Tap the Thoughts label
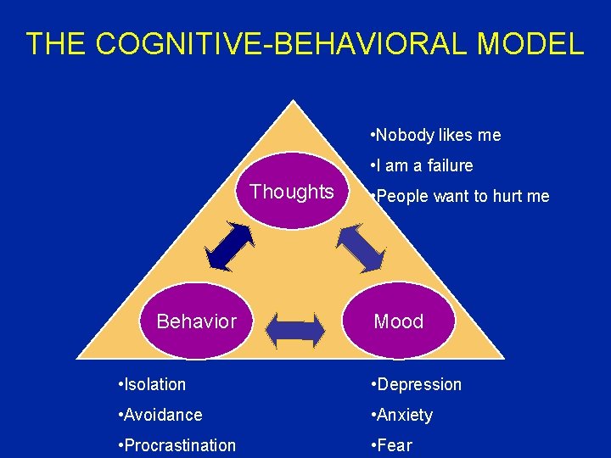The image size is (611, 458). click(x=292, y=192)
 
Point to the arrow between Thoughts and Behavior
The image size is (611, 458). click(x=231, y=246)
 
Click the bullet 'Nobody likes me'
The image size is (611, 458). click(x=435, y=135)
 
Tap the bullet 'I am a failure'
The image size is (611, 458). click(x=422, y=165)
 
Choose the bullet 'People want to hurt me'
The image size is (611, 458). click(x=459, y=197)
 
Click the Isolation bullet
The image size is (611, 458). click(x=153, y=384)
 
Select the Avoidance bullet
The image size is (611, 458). click(x=161, y=415)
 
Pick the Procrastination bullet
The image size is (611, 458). click(x=178, y=445)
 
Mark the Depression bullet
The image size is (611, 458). click(x=416, y=384)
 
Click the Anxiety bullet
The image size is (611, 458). click(x=401, y=415)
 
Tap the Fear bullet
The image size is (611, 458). click(x=391, y=445)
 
